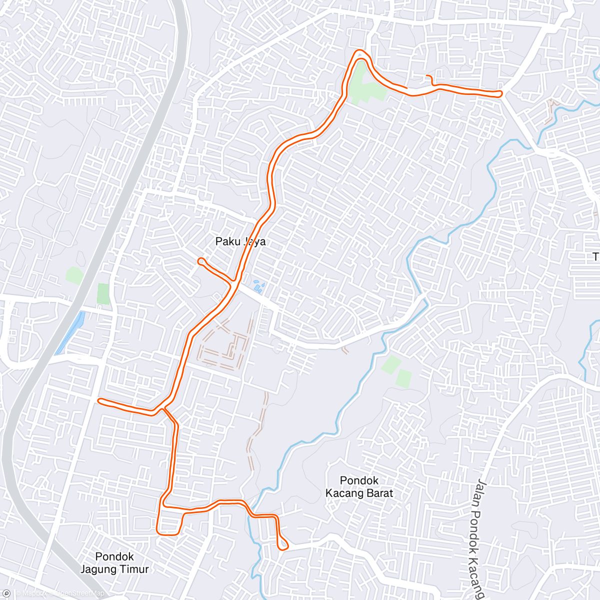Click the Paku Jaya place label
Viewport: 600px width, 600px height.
pyautogui.click(x=240, y=241)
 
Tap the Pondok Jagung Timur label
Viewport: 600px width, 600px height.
pyautogui.click(x=114, y=562)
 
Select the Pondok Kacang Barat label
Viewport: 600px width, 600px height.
pyautogui.click(x=359, y=486)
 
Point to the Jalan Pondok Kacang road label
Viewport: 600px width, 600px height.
pyautogui.click(x=479, y=535)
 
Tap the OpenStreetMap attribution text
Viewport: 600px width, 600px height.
pyautogui.click(x=80, y=593)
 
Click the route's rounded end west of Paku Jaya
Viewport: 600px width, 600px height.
pyautogui.click(x=200, y=260)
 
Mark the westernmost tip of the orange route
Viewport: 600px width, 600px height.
pyautogui.click(x=99, y=400)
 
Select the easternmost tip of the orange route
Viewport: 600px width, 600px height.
pyautogui.click(x=500, y=93)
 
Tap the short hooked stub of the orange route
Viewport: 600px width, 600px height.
pyautogui.click(x=429, y=78)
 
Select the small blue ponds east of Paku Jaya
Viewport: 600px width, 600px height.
pyautogui.click(x=258, y=286)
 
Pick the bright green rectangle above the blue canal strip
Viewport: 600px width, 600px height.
pyautogui.click(x=103, y=293)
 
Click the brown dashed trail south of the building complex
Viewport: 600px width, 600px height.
pyautogui.click(x=257, y=430)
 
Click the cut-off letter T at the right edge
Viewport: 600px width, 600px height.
pyautogui.click(x=595, y=257)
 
